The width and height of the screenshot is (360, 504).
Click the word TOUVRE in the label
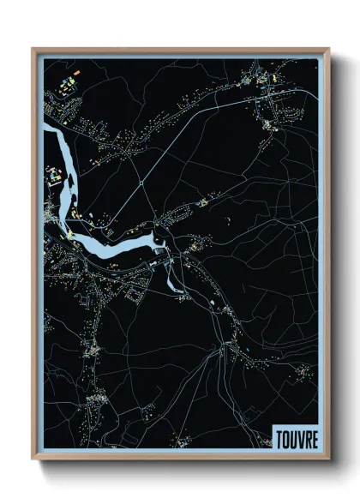tap(297, 437)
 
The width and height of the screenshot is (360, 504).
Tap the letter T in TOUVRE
tap(279, 437)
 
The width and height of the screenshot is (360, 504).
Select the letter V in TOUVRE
tap(300, 437)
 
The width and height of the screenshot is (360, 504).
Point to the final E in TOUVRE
tap(315, 437)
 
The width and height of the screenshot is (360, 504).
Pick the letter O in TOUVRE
tap(286, 437)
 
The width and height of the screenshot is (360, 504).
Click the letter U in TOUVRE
tap(293, 437)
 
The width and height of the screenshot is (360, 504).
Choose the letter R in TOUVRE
tap(308, 437)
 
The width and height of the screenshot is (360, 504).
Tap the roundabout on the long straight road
tap(140, 182)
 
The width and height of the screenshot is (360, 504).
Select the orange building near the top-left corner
tap(74, 74)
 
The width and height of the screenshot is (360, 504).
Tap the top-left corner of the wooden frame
tap(33, 49)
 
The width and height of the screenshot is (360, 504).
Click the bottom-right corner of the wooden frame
tap(328, 460)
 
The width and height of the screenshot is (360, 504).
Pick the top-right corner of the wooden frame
tap(328, 49)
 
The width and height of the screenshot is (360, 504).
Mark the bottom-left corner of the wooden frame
tap(33, 460)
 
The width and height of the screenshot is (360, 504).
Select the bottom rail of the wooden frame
tap(180, 460)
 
